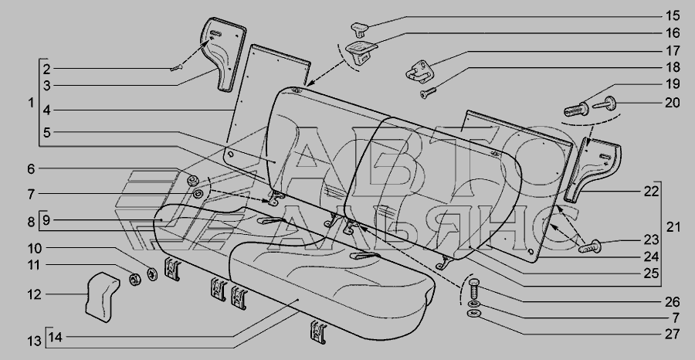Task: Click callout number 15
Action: tap(673, 16)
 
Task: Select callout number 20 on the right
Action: tap(673, 103)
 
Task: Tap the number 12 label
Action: tap(35, 294)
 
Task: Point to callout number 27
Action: tap(673, 334)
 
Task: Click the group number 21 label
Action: tap(673, 227)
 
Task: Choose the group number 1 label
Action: tap(31, 103)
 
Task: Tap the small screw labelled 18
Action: tap(428, 93)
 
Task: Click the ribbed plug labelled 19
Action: tap(576, 109)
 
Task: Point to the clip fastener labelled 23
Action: tap(590, 246)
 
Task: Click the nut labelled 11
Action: tap(134, 280)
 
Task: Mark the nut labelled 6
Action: tap(192, 181)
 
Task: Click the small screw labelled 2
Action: tap(176, 68)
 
